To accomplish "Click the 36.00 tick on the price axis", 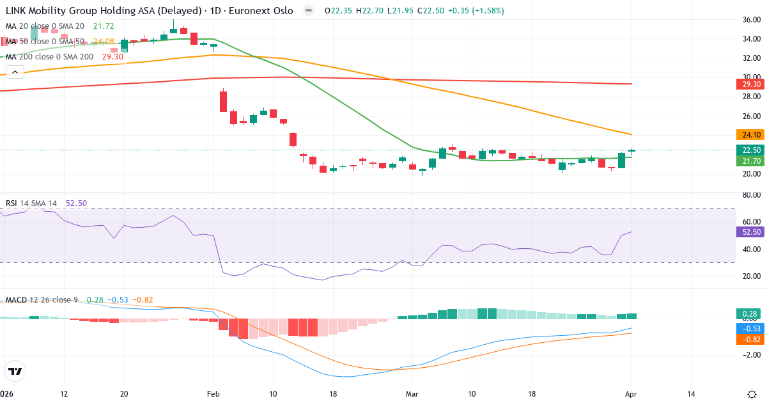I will [747, 19].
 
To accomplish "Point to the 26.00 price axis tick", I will [747, 116].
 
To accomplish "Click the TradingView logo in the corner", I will [15, 372].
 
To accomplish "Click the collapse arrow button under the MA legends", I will [14, 72].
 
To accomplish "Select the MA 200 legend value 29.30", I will [112, 57].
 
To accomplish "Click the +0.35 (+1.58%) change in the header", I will [476, 11].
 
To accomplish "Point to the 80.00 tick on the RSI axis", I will [747, 195].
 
